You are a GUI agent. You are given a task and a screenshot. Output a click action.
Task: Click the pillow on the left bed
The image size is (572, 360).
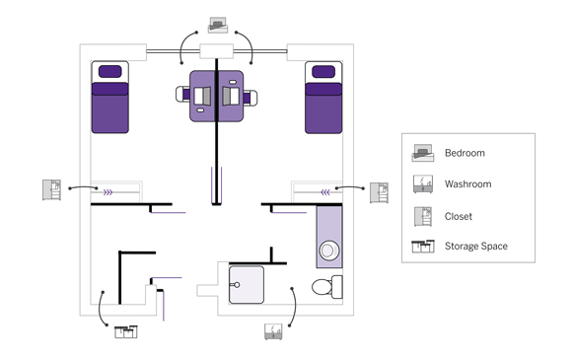point(110,71)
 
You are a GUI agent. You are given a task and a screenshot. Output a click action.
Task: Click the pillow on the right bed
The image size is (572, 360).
point(322,71)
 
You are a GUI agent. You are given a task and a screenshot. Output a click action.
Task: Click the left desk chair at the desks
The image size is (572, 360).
point(184,96)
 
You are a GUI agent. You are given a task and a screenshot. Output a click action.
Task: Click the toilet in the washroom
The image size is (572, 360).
point(326,287)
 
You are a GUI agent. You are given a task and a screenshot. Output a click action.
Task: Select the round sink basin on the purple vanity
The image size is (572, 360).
point(329,250)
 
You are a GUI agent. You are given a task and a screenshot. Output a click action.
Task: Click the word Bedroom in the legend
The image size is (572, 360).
point(465,153)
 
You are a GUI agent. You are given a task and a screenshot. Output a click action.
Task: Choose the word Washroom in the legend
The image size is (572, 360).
point(467,184)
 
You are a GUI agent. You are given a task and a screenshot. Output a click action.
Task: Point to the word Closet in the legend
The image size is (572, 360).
point(458,215)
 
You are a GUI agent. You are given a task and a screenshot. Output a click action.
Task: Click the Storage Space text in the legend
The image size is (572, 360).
point(476,246)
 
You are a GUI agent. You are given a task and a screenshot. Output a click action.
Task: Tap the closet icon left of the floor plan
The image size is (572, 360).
point(52,188)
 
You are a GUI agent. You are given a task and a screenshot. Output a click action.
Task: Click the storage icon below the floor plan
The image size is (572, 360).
point(126,330)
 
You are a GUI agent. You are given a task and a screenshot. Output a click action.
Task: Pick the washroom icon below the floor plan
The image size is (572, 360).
point(273,330)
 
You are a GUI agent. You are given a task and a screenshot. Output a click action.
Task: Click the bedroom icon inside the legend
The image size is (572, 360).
point(423,153)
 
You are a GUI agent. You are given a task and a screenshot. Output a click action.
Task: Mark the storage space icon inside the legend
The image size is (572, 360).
point(423,246)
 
